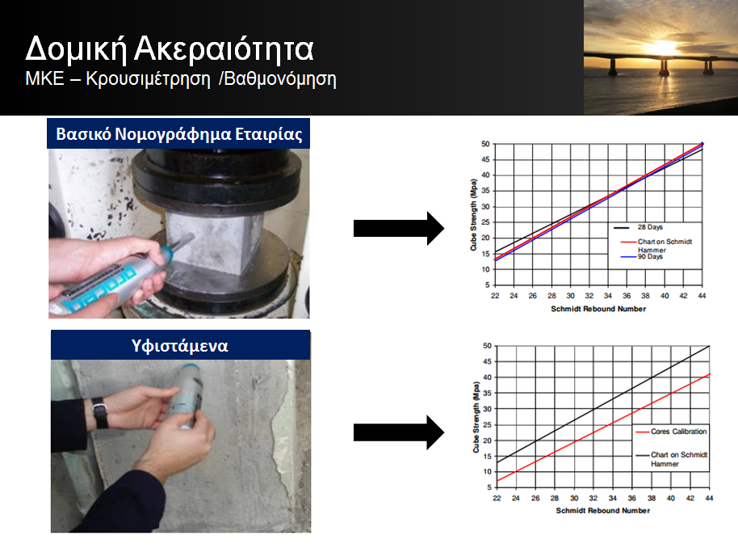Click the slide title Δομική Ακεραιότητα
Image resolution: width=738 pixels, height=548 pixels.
(x=170, y=49)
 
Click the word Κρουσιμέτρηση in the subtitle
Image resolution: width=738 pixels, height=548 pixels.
(x=149, y=78)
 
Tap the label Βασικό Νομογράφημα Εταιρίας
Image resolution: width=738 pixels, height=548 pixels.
(x=179, y=134)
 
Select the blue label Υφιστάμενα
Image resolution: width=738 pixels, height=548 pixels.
(x=180, y=346)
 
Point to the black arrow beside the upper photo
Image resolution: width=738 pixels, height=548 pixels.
(x=399, y=229)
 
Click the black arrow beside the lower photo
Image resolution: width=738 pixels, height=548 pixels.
(x=399, y=432)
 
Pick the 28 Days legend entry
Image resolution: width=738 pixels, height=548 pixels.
(x=639, y=227)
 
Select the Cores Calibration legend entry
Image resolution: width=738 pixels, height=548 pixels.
(x=671, y=432)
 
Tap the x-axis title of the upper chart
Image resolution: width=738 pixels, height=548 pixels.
(x=598, y=309)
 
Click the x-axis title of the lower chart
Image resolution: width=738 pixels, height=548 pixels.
(x=603, y=511)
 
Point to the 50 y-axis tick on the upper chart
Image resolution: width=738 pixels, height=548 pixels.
(x=485, y=144)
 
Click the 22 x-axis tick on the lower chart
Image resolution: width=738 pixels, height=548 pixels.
(x=497, y=498)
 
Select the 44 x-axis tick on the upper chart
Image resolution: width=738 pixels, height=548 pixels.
(x=702, y=296)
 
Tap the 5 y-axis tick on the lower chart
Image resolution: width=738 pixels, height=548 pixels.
(x=489, y=487)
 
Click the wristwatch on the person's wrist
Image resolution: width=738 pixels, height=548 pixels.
(x=100, y=413)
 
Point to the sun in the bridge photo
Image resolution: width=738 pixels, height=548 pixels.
(x=663, y=47)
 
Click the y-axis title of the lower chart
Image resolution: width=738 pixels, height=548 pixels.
(x=476, y=418)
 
